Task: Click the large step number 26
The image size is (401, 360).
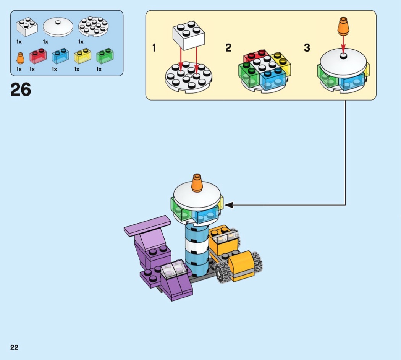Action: pyautogui.click(x=21, y=90)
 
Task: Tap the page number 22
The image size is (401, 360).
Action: pyautogui.click(x=14, y=347)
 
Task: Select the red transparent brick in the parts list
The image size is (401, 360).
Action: pyautogui.click(x=38, y=57)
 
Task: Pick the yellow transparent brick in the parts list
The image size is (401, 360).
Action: pyautogui.click(x=82, y=57)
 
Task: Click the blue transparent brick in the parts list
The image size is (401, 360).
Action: pyautogui.click(x=60, y=57)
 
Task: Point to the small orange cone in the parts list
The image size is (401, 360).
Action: pyautogui.click(x=20, y=58)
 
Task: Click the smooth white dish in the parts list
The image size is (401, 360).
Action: pyautogui.click(x=58, y=28)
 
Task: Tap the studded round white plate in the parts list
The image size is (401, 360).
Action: pyautogui.click(x=93, y=28)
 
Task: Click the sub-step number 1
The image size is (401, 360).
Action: pyautogui.click(x=154, y=48)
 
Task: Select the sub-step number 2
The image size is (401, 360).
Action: pyautogui.click(x=228, y=48)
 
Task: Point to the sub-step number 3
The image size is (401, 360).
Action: pyautogui.click(x=307, y=48)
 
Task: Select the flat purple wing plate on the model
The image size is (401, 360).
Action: pyautogui.click(x=147, y=225)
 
